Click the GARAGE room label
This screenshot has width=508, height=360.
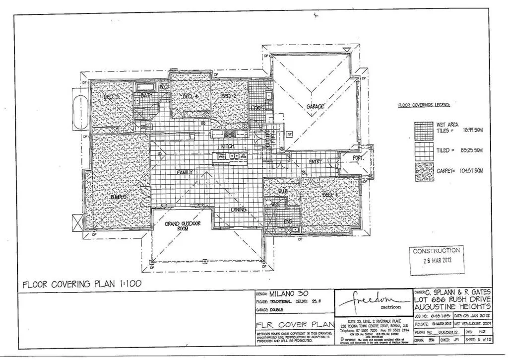(315, 106)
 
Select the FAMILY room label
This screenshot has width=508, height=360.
(185, 172)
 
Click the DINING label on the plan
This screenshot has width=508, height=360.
(239, 210)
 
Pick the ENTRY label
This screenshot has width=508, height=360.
(316, 161)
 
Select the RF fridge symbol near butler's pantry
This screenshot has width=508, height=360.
(290, 134)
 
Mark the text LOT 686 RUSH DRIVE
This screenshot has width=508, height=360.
(452, 300)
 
